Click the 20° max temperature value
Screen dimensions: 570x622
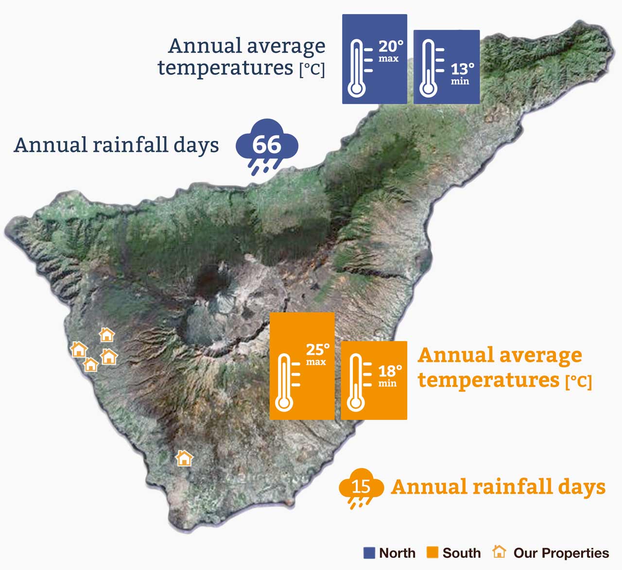pyautogui.click(x=391, y=47)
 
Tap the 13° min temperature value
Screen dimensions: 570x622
pyautogui.click(x=462, y=69)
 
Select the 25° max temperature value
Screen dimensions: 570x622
pyautogui.click(x=318, y=350)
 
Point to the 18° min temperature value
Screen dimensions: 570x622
pyautogui.click(x=390, y=372)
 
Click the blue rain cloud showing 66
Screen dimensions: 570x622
pyautogui.click(x=267, y=145)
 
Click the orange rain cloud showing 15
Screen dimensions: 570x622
pyautogui.click(x=361, y=487)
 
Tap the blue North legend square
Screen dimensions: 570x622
pyautogui.click(x=369, y=553)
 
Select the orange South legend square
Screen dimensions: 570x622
pyautogui.click(x=432, y=553)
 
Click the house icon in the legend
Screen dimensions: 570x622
pyautogui.click(x=499, y=552)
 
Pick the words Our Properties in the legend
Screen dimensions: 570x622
pyautogui.click(x=561, y=553)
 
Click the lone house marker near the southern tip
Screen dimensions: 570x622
pyautogui.click(x=184, y=458)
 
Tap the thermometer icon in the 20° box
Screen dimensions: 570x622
pyautogui.click(x=357, y=69)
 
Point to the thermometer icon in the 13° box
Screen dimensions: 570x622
pyautogui.click(x=429, y=69)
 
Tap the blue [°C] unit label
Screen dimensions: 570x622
pyautogui.click(x=311, y=69)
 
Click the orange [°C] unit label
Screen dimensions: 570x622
pyautogui.click(x=579, y=381)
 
